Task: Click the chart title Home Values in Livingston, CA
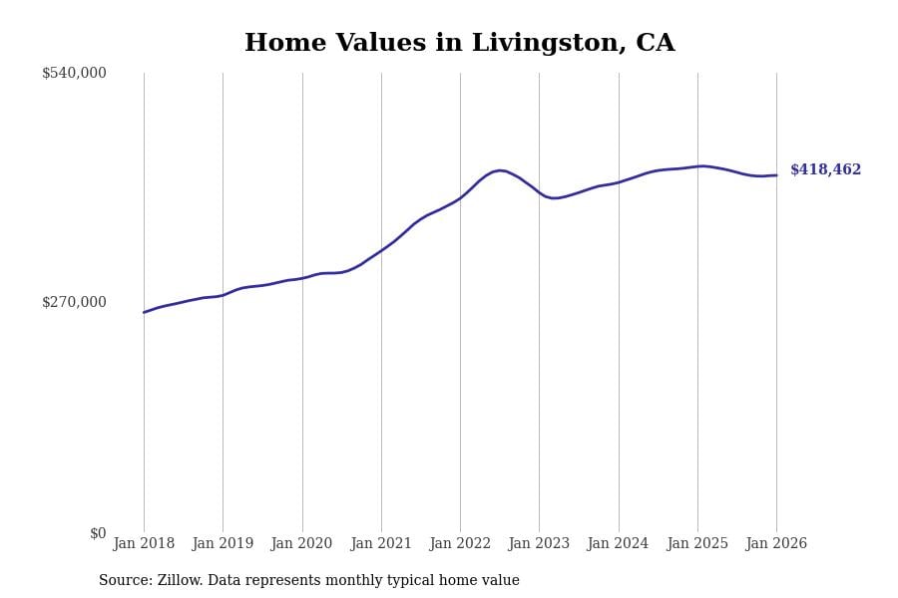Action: coord(459,44)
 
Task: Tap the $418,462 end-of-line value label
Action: coord(825,170)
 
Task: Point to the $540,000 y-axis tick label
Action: coord(74,73)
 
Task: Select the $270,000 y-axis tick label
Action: coord(74,302)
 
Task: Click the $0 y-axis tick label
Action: coord(98,533)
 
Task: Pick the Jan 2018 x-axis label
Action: coord(144,544)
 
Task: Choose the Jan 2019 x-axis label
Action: coord(223,544)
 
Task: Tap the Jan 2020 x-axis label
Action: coord(301,544)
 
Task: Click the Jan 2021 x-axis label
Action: coord(381,544)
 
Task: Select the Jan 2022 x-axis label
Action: coord(460,544)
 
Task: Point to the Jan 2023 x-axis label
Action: coord(539,544)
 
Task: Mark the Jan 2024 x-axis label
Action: coord(618,544)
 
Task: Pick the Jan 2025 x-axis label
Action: coord(697,544)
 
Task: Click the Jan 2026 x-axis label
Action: coord(776,544)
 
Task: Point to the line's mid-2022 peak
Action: coord(501,170)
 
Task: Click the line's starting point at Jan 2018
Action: coord(144,312)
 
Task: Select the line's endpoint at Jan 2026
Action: coord(776,175)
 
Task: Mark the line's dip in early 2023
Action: coord(555,198)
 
